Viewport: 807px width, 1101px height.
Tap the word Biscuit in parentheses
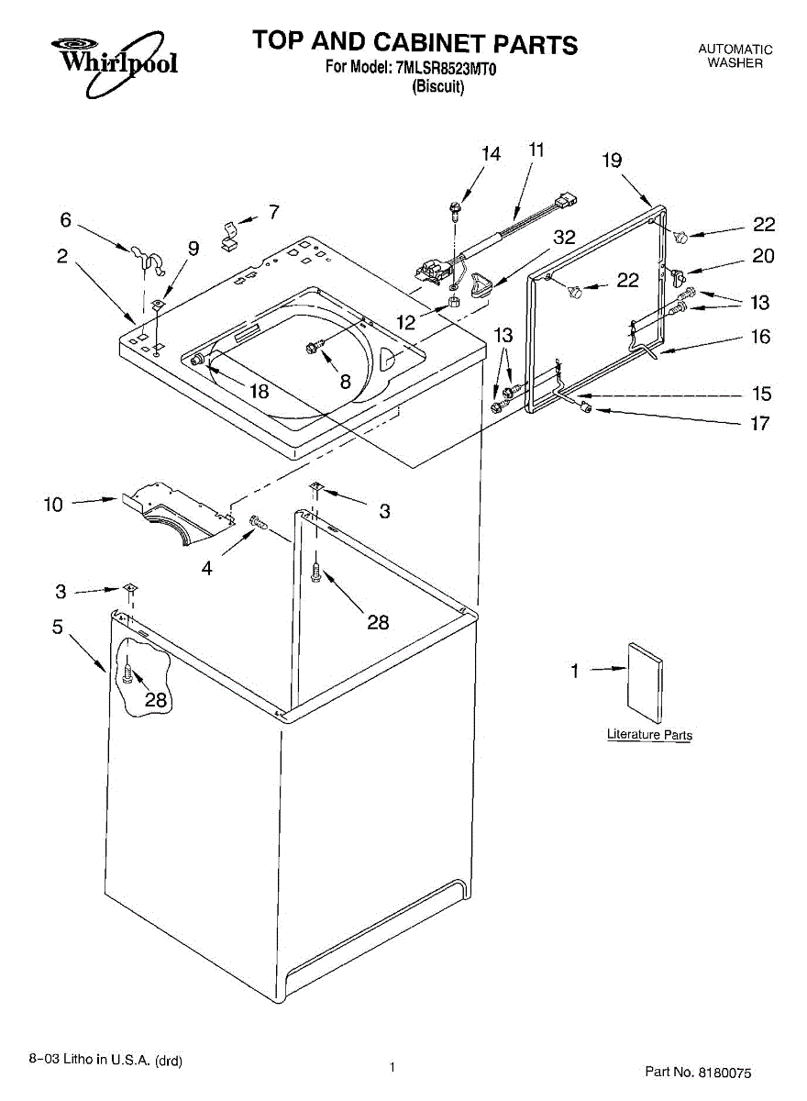[x=438, y=87]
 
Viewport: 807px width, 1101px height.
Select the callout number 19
[x=612, y=160]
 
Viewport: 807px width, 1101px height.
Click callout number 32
[x=565, y=237]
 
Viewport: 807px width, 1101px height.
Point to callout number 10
[x=53, y=504]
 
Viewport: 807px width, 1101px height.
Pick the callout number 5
[x=57, y=628]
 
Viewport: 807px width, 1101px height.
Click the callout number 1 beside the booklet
[x=575, y=671]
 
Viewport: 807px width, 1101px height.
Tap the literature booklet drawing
[x=645, y=677]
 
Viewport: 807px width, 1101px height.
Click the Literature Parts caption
[x=649, y=735]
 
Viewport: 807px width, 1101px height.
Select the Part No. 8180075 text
[x=698, y=1071]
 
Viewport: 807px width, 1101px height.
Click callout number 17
[x=760, y=424]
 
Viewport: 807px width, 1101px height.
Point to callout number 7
[x=273, y=212]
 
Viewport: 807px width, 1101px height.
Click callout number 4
[x=207, y=568]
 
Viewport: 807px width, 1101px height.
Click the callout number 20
[x=763, y=256]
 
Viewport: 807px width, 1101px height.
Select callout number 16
[x=760, y=337]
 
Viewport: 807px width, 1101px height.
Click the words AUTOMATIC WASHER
[x=735, y=56]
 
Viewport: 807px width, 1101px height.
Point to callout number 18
[x=260, y=391]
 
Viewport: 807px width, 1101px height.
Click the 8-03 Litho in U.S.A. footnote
[x=105, y=1061]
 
